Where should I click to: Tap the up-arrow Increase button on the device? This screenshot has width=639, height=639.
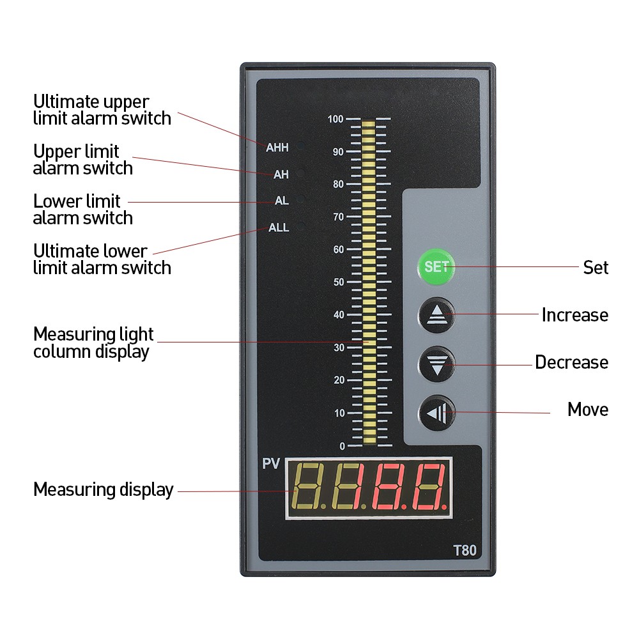(x=436, y=315)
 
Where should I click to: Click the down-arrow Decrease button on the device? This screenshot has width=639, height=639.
(x=436, y=364)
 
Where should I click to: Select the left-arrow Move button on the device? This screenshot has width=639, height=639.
(x=437, y=413)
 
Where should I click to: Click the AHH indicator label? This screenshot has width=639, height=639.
(x=277, y=147)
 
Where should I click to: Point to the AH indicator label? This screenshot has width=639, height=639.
(x=281, y=174)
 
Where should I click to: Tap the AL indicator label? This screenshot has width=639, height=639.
(x=282, y=201)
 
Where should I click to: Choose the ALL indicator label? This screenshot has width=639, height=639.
(x=279, y=227)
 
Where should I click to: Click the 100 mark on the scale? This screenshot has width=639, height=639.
(x=335, y=119)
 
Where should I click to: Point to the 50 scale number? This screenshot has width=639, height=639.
(x=339, y=282)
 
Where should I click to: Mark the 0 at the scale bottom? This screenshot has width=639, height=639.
(x=343, y=446)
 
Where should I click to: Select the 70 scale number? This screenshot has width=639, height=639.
(x=339, y=217)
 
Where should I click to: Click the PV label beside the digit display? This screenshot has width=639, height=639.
(x=271, y=463)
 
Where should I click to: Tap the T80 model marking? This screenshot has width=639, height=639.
(x=465, y=550)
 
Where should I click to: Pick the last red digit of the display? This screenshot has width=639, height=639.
(x=429, y=487)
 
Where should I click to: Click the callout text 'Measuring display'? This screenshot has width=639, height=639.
(x=104, y=490)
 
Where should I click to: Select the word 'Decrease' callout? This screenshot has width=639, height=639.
(x=571, y=362)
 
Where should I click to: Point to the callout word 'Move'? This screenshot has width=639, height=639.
(x=588, y=410)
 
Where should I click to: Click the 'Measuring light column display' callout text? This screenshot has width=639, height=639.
(x=93, y=343)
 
